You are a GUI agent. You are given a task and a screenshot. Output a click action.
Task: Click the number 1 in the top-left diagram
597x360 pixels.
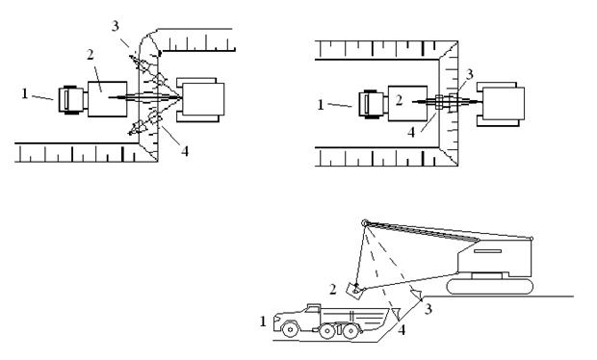pyautogui.click(x=25, y=93)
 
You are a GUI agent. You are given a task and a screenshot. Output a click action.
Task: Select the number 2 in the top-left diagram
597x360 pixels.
pyautogui.click(x=91, y=55)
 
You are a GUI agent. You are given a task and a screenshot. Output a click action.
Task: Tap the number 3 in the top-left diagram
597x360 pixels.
pyautogui.click(x=116, y=26)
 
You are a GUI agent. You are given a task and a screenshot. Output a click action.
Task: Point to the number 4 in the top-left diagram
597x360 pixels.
pyautogui.click(x=185, y=151)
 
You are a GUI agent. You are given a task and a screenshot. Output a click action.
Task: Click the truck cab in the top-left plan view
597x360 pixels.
pyautogui.click(x=71, y=100)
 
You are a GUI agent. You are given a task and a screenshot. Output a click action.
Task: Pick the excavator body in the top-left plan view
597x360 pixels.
pyautogui.click(x=200, y=100)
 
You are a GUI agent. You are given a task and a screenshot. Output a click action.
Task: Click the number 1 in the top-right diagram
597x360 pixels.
pyautogui.click(x=321, y=105)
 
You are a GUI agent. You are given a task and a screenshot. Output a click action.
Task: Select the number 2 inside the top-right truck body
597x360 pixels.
pyautogui.click(x=399, y=100)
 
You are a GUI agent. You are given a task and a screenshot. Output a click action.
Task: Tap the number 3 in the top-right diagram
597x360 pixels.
pyautogui.click(x=470, y=74)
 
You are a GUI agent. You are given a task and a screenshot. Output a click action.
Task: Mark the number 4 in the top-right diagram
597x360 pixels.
pyautogui.click(x=411, y=133)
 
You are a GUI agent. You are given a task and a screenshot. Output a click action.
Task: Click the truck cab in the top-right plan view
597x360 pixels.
pyautogui.click(x=372, y=104)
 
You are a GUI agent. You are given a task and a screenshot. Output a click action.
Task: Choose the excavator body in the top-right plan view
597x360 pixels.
pyautogui.click(x=501, y=104)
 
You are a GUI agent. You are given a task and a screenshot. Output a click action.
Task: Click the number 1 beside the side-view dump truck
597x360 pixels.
pyautogui.click(x=263, y=321)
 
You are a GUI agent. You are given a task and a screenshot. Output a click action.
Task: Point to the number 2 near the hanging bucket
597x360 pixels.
pyautogui.click(x=333, y=290)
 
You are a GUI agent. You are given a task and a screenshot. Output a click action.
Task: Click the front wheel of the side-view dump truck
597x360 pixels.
pyautogui.click(x=290, y=329)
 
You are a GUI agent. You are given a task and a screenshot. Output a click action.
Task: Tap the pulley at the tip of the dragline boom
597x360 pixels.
pyautogui.click(x=365, y=222)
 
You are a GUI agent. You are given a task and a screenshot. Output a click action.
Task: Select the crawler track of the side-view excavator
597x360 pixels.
pyautogui.click(x=490, y=287)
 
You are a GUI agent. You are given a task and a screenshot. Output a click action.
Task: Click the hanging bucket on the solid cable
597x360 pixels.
pyautogui.click(x=355, y=290)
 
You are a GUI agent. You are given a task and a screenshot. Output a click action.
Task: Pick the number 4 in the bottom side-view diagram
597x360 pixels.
pyautogui.click(x=402, y=329)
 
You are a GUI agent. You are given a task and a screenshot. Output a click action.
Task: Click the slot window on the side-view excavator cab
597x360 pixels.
pyautogui.click(x=487, y=251)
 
